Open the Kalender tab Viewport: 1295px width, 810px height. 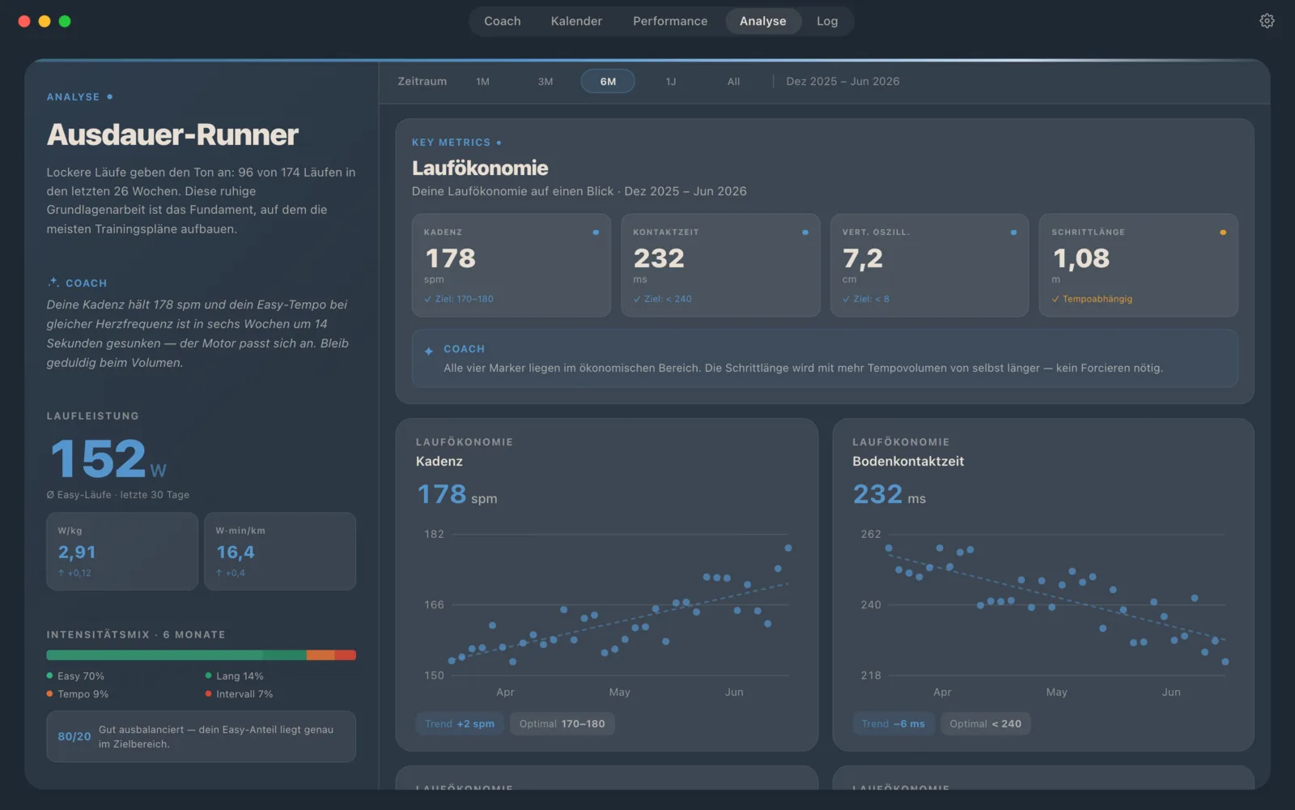pos(576,21)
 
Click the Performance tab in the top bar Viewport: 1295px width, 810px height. pos(670,21)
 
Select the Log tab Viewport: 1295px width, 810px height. pos(826,21)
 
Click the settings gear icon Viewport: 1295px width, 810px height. pos(1267,21)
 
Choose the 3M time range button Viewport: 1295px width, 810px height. pos(546,82)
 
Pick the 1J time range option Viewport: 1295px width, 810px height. pos(671,82)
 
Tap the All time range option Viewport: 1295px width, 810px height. pos(733,82)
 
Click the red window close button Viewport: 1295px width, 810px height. pos(24,21)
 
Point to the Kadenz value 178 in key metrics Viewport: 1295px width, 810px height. pos(450,258)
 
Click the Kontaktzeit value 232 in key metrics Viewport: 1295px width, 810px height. pos(659,258)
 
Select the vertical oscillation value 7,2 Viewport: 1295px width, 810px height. pos(863,258)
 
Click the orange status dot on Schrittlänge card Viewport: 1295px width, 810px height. pos(1223,232)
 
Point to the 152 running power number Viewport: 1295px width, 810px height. pos(98,458)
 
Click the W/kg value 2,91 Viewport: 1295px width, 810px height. pos(76,552)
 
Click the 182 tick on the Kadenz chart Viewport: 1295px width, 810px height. pos(434,534)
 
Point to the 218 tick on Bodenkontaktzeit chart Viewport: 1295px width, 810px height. pos(871,676)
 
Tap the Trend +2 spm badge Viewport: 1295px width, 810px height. pos(460,724)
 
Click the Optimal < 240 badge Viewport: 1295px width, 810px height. pos(985,724)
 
